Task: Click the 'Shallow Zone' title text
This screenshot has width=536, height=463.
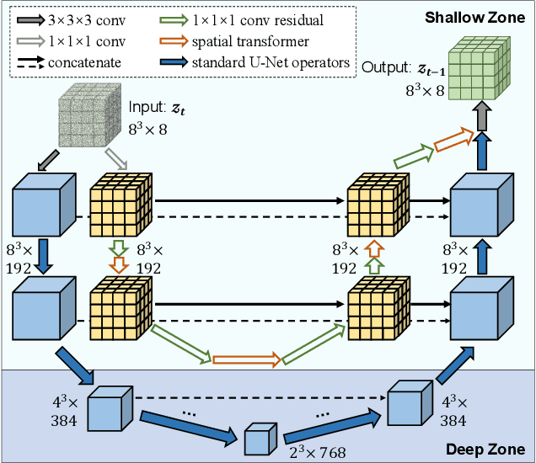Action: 476,18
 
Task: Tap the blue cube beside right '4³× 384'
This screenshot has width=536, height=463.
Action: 407,403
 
